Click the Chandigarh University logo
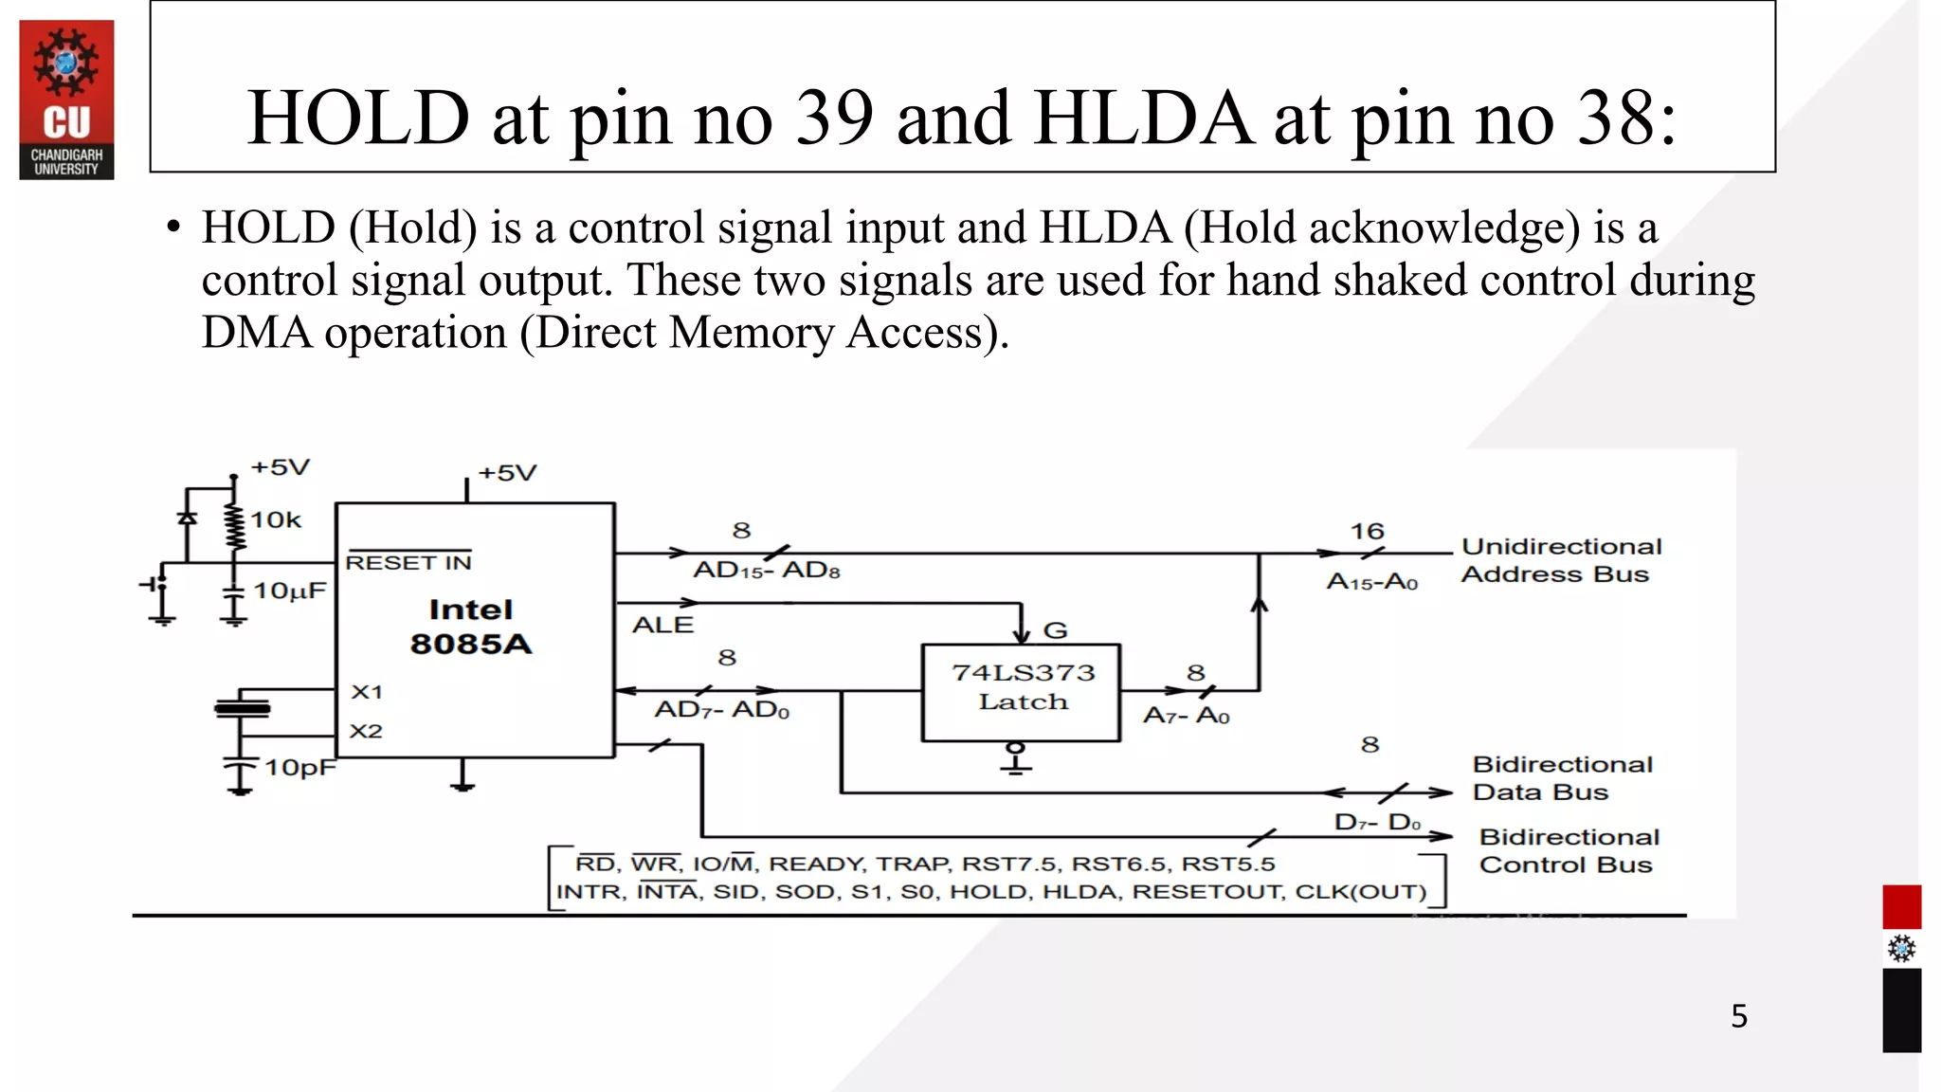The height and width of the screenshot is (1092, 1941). [66, 100]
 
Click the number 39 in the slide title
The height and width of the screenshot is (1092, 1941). [834, 118]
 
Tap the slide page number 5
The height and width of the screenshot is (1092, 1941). [1739, 1016]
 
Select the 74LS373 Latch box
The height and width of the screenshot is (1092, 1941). [1022, 692]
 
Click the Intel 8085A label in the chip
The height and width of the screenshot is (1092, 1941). [470, 627]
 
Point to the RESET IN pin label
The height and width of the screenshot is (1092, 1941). [408, 563]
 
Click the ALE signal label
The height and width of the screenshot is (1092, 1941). [663, 626]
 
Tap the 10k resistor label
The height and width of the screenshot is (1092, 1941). [276, 519]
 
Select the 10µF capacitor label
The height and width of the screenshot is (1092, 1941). [289, 591]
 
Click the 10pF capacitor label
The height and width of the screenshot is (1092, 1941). [299, 767]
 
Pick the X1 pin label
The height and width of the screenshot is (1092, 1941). [367, 692]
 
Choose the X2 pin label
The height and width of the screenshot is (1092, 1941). [366, 732]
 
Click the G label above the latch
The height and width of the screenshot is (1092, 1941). [1055, 630]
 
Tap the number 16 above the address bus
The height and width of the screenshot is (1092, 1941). [1367, 532]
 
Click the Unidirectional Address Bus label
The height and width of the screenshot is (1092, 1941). [1560, 560]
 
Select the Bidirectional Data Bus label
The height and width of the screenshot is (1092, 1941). [1562, 778]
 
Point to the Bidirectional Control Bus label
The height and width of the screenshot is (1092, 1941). [1569, 851]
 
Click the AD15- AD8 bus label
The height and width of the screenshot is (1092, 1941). [767, 571]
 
